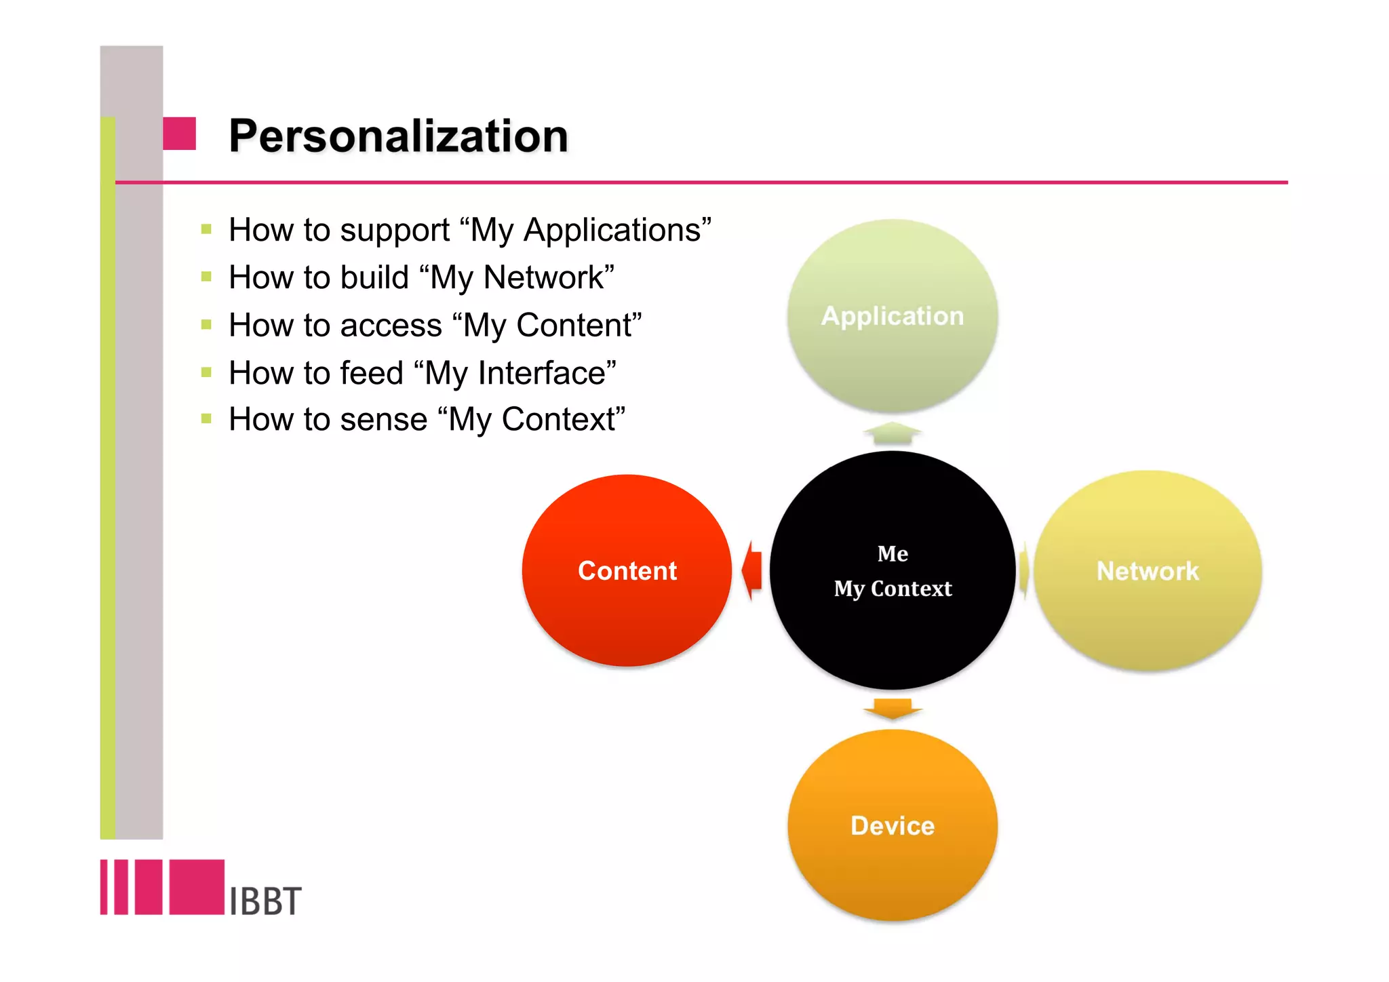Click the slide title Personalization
[398, 136]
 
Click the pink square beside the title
[180, 134]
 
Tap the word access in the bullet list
[391, 326]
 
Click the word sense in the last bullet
[383, 420]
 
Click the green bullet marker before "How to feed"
[207, 372]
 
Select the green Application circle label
[892, 316]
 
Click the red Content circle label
[627, 571]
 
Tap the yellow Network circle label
[1148, 571]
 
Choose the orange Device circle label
[893, 826]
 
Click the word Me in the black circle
[893, 553]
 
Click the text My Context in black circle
[893, 589]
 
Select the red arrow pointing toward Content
[752, 570]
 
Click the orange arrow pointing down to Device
[893, 709]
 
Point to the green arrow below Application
[893, 433]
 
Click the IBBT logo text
[265, 901]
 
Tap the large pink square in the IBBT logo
[197, 887]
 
